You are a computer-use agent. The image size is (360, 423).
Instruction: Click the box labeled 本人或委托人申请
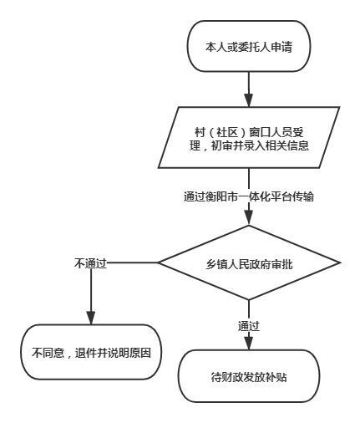point(248,46)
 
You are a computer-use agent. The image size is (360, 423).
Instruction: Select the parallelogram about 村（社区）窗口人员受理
point(249,137)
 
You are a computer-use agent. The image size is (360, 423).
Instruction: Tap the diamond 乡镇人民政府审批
point(249,262)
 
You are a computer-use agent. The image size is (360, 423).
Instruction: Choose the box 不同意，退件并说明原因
point(91,352)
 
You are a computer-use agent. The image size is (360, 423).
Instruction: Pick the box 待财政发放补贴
point(249,376)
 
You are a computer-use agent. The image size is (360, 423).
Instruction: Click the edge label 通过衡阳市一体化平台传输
point(249,196)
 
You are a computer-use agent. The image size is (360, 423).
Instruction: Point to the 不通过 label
point(91,263)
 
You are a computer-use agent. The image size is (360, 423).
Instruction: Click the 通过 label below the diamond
point(249,326)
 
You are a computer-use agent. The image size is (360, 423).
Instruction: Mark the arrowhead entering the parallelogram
point(249,100)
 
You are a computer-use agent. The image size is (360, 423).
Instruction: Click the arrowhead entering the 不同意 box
point(91,318)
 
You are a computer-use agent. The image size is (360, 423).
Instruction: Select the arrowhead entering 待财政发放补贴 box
point(249,344)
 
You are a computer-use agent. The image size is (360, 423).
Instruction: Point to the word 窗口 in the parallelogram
point(260,132)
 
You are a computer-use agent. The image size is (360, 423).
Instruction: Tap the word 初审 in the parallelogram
point(222,145)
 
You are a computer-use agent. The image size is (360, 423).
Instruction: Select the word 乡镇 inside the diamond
point(216,264)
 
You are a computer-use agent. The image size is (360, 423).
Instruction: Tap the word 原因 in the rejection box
point(140,353)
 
